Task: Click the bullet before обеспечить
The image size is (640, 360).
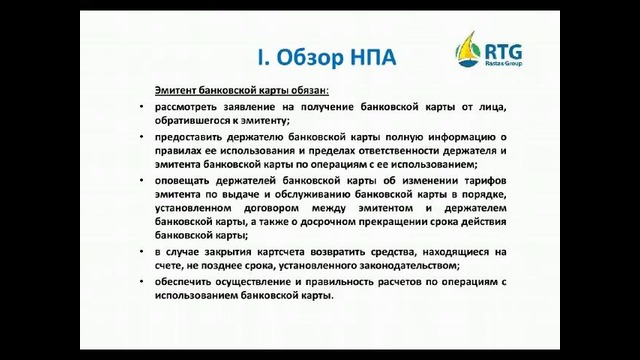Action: (x=142, y=282)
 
